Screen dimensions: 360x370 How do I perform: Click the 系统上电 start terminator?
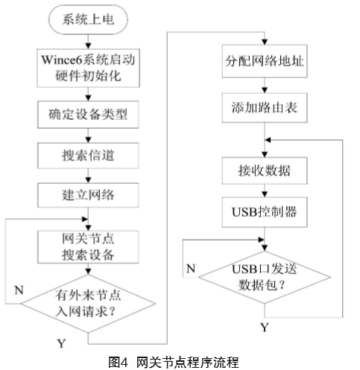88,19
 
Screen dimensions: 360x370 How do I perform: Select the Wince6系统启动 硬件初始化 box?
88,68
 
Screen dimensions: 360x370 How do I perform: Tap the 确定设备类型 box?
88,115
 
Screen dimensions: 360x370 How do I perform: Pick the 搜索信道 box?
88,156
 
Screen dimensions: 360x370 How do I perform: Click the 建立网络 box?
88,195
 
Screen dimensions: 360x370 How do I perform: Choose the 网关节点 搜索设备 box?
88,247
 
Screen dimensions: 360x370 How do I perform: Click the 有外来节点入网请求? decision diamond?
88,304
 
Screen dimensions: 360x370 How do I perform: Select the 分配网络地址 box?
265,61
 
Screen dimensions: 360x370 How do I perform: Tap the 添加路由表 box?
265,108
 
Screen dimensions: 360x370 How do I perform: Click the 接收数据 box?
265,170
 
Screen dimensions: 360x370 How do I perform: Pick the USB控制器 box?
265,212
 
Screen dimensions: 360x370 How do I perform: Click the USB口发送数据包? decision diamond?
265,278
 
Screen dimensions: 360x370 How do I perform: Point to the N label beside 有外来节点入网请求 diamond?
19,290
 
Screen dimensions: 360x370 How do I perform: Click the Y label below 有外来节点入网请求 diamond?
61,343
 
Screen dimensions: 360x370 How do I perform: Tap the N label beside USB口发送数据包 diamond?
191,269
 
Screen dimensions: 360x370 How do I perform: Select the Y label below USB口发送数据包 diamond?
265,328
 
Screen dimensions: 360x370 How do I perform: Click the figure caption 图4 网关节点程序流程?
174,362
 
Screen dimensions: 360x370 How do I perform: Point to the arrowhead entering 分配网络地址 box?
265,42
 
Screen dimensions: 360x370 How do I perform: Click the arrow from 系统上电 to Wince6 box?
88,42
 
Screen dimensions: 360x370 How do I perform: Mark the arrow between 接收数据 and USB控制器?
265,191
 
